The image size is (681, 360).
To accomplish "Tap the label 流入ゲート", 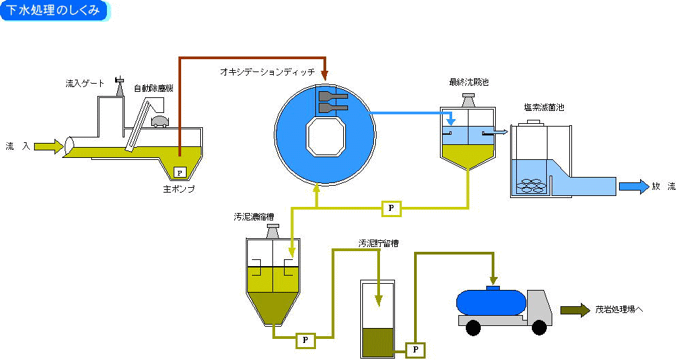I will pos(84,83).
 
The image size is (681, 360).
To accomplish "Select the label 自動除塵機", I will pos(154,88).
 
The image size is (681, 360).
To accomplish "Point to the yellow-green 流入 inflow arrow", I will pos(48,146).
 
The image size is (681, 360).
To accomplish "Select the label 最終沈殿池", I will pos(469,82).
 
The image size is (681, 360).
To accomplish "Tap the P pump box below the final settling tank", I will pos(392,208).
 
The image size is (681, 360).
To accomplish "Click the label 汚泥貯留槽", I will pos(379,242).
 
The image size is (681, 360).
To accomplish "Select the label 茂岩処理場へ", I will pos(618,309).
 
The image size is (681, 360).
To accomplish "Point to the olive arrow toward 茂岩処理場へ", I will pos(575,310).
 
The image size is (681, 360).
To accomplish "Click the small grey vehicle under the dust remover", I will pos(161,121).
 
